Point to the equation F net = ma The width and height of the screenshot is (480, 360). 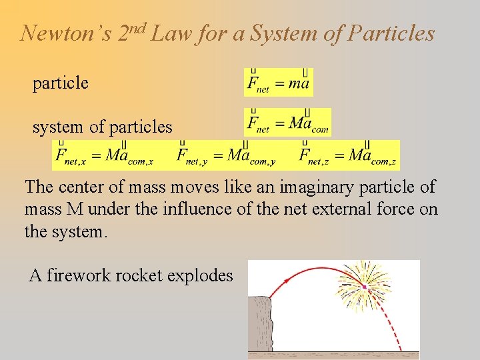click(x=278, y=83)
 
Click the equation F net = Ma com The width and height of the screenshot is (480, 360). click(x=287, y=123)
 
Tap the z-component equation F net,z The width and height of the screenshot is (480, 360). click(x=348, y=156)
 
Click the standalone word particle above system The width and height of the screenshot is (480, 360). click(x=60, y=83)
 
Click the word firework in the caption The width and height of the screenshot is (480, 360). click(x=85, y=275)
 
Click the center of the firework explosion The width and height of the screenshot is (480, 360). click(x=365, y=286)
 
